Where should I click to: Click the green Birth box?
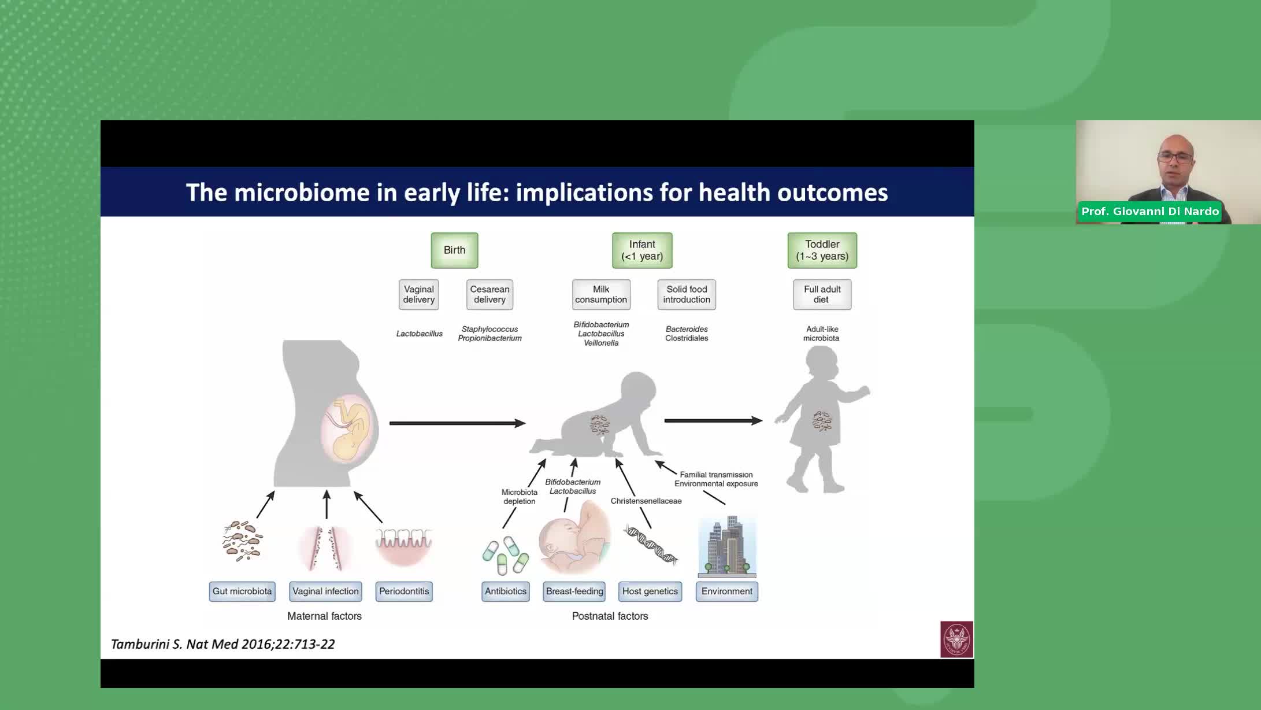[454, 250]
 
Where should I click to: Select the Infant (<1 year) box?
[642, 250]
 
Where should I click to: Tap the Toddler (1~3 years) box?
[822, 250]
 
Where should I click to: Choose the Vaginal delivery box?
[418, 294]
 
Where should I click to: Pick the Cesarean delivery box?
[489, 294]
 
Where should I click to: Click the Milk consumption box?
[601, 294]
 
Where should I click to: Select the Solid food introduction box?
[687, 294]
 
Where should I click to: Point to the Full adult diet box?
[822, 294]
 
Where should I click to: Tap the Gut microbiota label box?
[242, 591]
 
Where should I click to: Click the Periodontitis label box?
[404, 591]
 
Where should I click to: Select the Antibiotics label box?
[506, 591]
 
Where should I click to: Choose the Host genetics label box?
[650, 591]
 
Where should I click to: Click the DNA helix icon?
[651, 545]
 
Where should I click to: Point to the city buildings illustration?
[727, 546]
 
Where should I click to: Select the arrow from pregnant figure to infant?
[457, 423]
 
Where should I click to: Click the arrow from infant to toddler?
[713, 421]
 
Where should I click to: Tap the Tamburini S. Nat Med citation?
[223, 644]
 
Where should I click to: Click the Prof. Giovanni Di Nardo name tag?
[1150, 212]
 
